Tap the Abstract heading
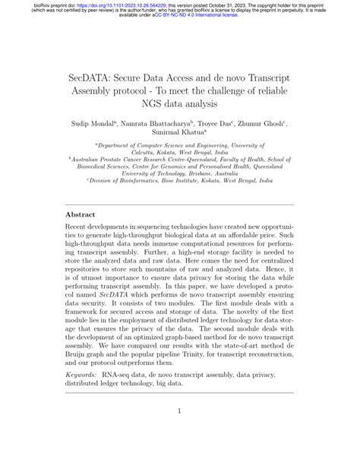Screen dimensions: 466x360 coord(84,215)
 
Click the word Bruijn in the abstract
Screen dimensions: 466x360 coord(84,353)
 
